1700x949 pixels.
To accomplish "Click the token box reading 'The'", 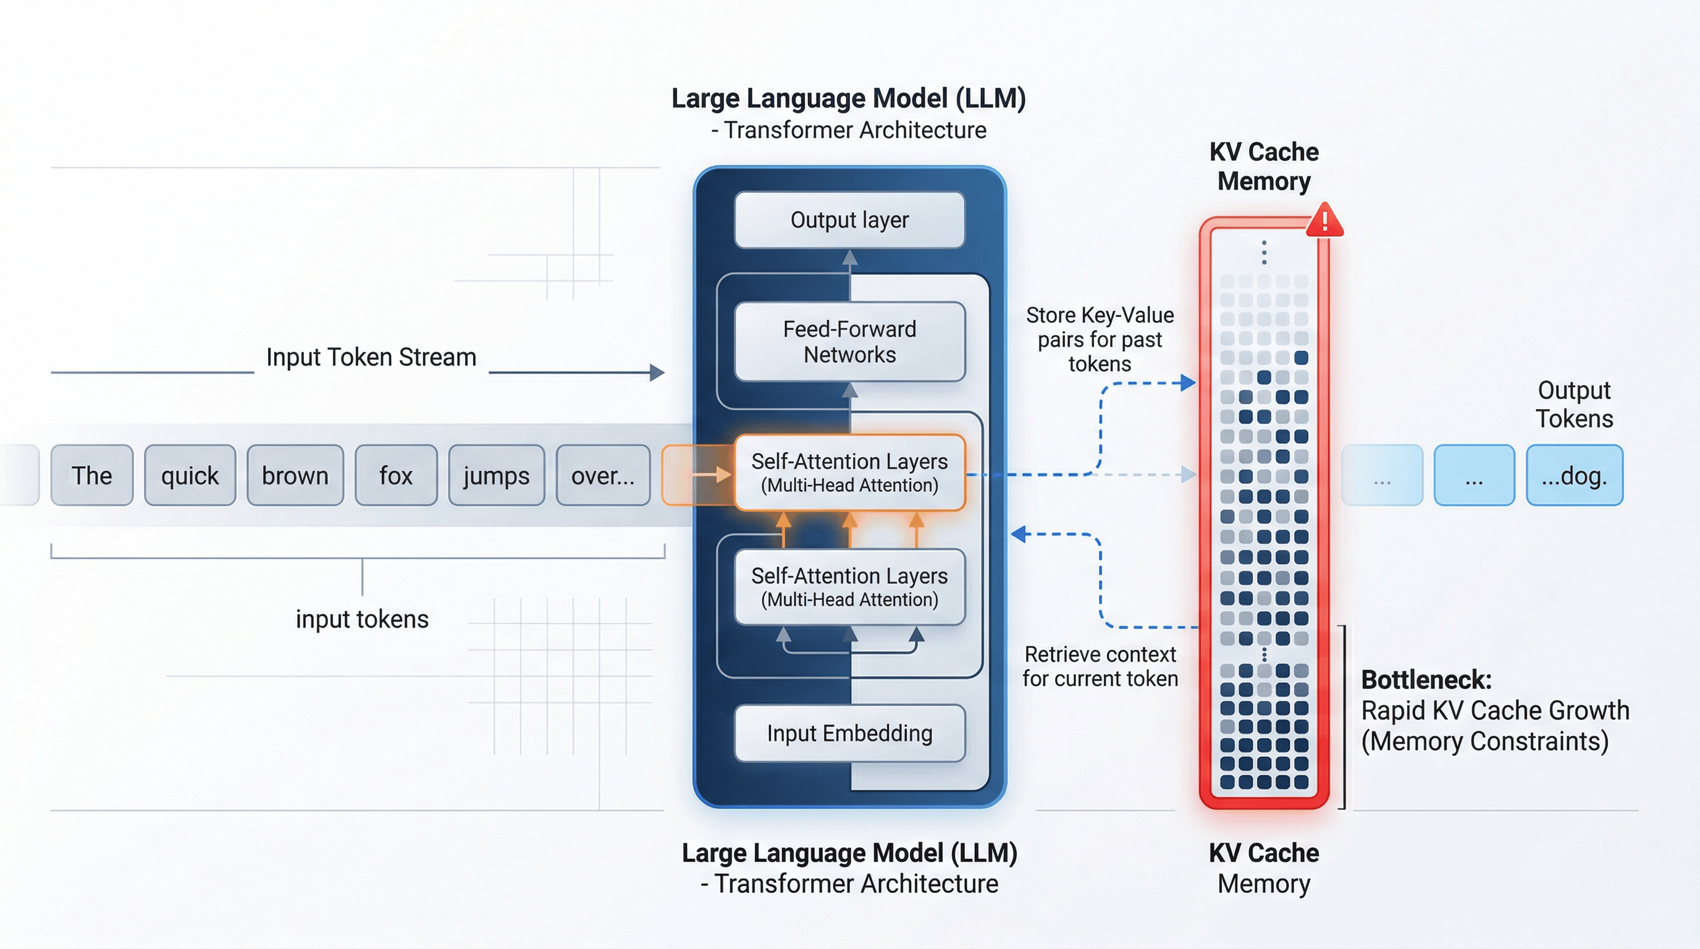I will (91, 475).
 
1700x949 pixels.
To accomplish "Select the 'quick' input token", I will (190, 475).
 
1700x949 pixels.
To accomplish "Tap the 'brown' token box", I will (295, 475).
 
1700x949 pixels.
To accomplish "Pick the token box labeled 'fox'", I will (396, 475).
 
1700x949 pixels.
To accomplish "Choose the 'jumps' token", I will (496, 475).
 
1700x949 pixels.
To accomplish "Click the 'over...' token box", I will (603, 475).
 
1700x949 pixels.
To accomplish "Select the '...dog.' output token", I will (1574, 475).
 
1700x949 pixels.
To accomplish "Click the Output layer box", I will (849, 220).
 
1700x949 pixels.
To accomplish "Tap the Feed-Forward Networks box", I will (849, 341).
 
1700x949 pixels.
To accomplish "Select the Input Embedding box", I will (849, 733).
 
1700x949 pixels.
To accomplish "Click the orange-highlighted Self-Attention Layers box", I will (849, 473).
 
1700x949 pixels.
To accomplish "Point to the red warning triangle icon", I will (1324, 221).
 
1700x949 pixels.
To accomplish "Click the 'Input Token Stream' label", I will (371, 357).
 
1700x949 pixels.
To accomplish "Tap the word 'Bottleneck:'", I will (1426, 680).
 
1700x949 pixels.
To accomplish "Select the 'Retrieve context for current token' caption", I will (1100, 667).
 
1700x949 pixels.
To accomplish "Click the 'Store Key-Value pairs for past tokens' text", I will (1100, 339).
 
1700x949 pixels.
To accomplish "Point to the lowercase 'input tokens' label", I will (361, 619).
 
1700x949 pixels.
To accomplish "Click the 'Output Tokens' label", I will (1574, 404).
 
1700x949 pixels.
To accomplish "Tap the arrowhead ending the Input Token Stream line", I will (657, 372).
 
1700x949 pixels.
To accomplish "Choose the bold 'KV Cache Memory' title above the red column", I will (1264, 166).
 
